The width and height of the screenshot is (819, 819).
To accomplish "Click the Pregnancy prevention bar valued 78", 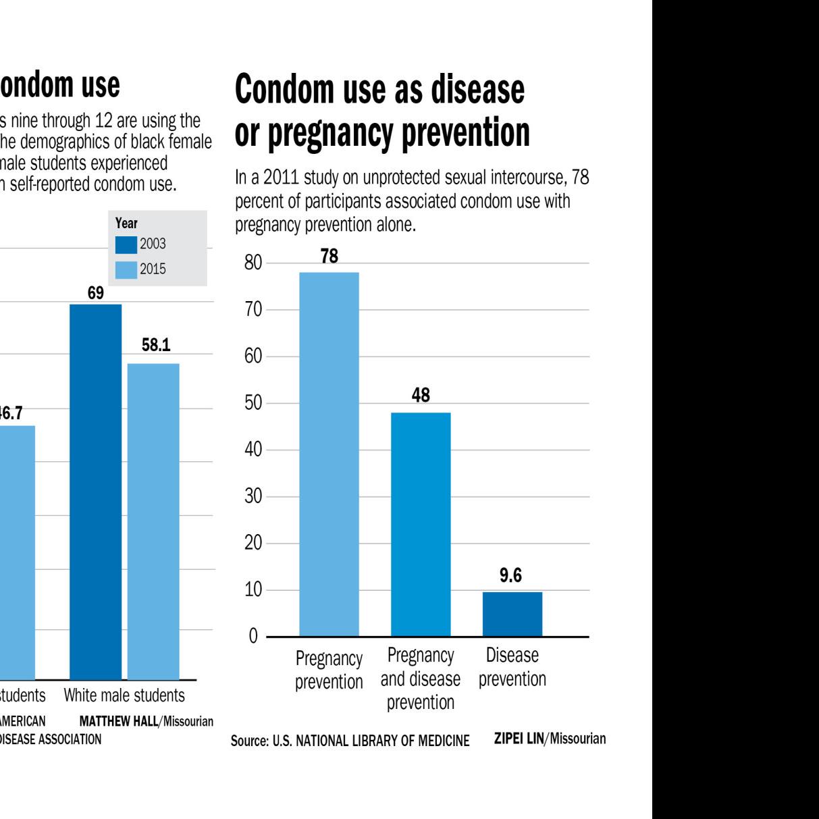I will (329, 454).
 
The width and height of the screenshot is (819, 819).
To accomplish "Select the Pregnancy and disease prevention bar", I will (421, 524).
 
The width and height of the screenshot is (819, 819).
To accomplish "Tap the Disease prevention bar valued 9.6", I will (512, 614).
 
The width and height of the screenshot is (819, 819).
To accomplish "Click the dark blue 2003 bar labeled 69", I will (96, 492).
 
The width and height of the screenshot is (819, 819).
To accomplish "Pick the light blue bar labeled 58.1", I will (153, 521).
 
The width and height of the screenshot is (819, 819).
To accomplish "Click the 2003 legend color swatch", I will (126, 244).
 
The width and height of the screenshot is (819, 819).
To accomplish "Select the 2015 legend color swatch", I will (126, 269).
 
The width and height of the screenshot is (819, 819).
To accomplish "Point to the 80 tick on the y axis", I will (253, 263).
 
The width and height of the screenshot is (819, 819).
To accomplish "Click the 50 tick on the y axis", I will (253, 404).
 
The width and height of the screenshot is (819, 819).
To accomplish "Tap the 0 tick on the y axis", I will (254, 637).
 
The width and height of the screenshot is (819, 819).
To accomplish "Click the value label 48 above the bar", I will (421, 396).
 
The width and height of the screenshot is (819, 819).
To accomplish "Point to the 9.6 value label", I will (511, 576).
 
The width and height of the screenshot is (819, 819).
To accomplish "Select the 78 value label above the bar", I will (329, 257).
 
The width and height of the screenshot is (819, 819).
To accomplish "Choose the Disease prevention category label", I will (512, 667).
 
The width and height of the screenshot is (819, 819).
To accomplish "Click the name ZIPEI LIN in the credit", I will (519, 739).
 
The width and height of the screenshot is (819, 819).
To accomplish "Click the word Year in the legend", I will (126, 223).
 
